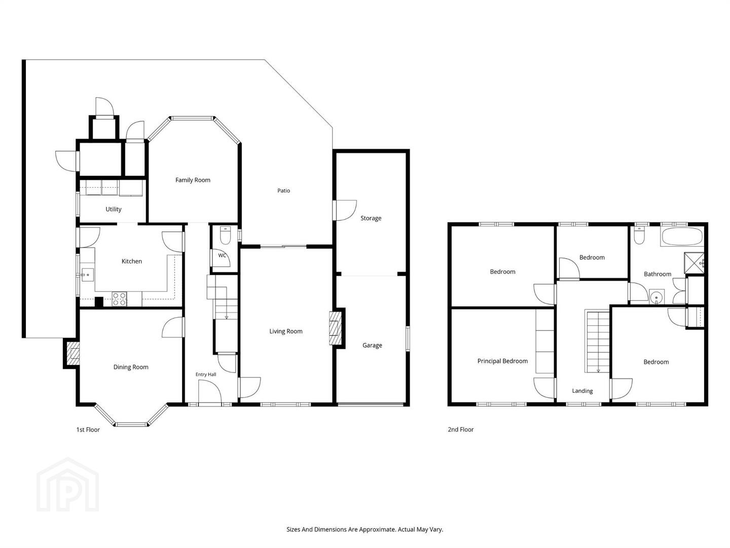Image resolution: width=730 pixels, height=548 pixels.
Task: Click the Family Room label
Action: click(x=193, y=180)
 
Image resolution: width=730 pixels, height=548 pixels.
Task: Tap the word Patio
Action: click(x=283, y=191)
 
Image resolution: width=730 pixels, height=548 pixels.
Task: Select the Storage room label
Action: click(x=371, y=218)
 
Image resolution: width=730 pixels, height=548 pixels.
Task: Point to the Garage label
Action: click(x=372, y=346)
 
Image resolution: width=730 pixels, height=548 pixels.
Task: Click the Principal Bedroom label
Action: click(x=502, y=361)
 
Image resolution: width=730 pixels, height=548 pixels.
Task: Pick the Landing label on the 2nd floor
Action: click(x=582, y=391)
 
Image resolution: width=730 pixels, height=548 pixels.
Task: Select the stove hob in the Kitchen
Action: click(x=119, y=299)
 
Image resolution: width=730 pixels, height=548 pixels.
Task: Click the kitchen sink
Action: click(x=88, y=275)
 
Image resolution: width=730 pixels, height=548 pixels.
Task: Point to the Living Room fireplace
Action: click(x=335, y=328)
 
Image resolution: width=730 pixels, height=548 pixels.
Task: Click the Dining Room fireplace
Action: click(x=73, y=353)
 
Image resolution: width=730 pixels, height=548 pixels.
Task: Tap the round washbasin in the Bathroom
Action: click(x=656, y=296)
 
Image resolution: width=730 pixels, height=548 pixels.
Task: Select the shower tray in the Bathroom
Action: click(x=693, y=263)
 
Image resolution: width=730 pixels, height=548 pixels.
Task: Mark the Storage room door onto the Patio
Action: click(x=345, y=210)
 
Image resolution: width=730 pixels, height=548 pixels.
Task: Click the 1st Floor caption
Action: click(x=88, y=430)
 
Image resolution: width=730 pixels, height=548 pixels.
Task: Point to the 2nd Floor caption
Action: click(x=461, y=430)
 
